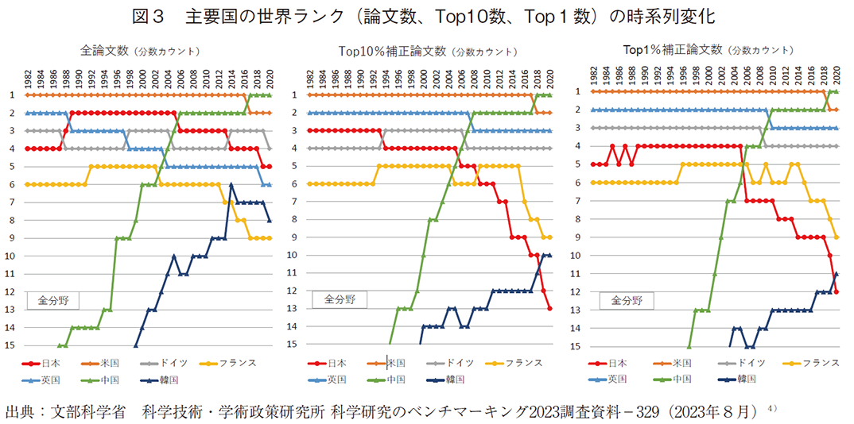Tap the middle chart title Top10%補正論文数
392,52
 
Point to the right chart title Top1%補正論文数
673,50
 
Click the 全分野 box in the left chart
54,301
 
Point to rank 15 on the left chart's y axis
12,345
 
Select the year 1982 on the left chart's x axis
28,78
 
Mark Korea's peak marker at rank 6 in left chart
231,184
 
